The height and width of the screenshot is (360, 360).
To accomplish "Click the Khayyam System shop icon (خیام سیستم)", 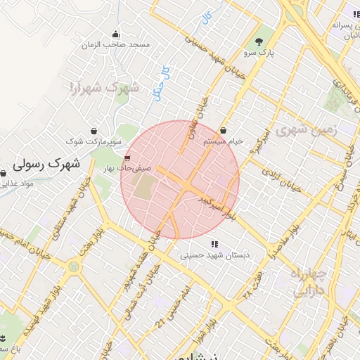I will (x=223, y=130).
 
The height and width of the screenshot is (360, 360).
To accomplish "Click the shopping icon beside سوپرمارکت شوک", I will (x=94, y=130).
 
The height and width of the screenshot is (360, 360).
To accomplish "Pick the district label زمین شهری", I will (x=307, y=131).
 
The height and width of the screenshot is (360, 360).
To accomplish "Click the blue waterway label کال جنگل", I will (x=162, y=84).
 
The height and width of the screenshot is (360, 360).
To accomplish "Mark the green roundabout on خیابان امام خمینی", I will (x=73, y=267).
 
